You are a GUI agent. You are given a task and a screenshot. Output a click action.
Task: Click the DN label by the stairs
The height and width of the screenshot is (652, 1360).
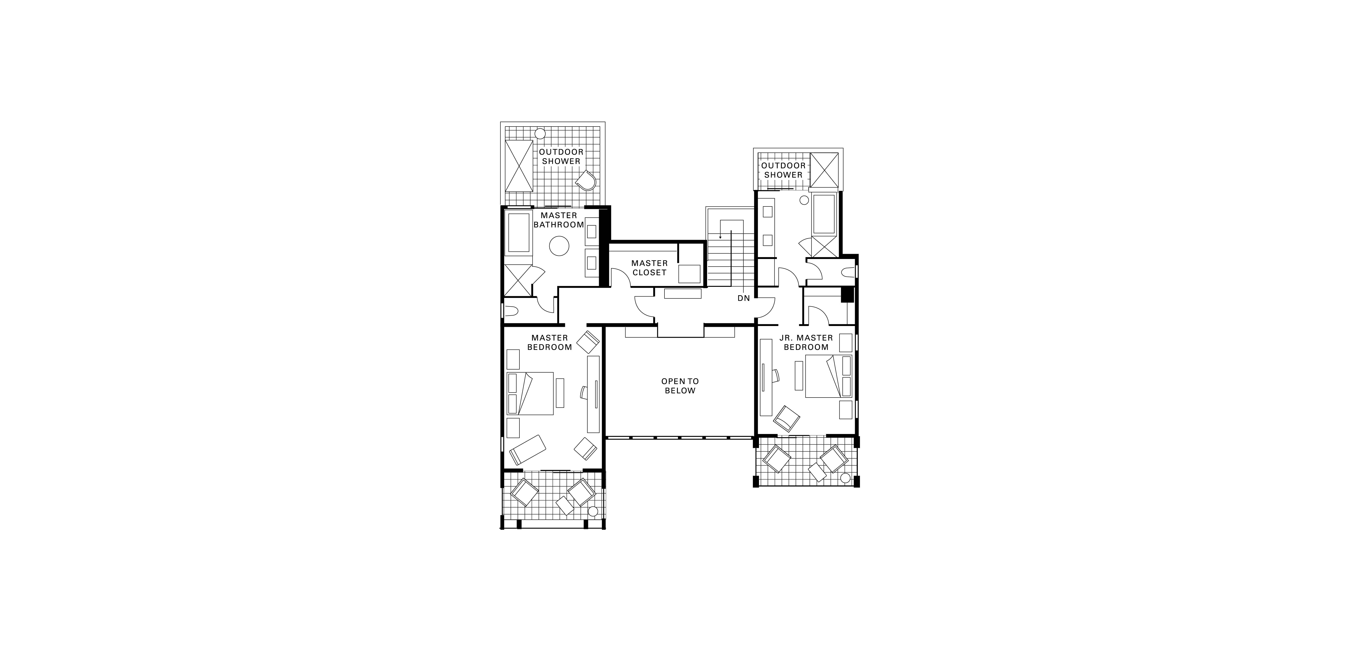tap(743, 298)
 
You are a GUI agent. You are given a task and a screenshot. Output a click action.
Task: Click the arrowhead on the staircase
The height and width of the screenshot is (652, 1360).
tap(721, 237)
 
